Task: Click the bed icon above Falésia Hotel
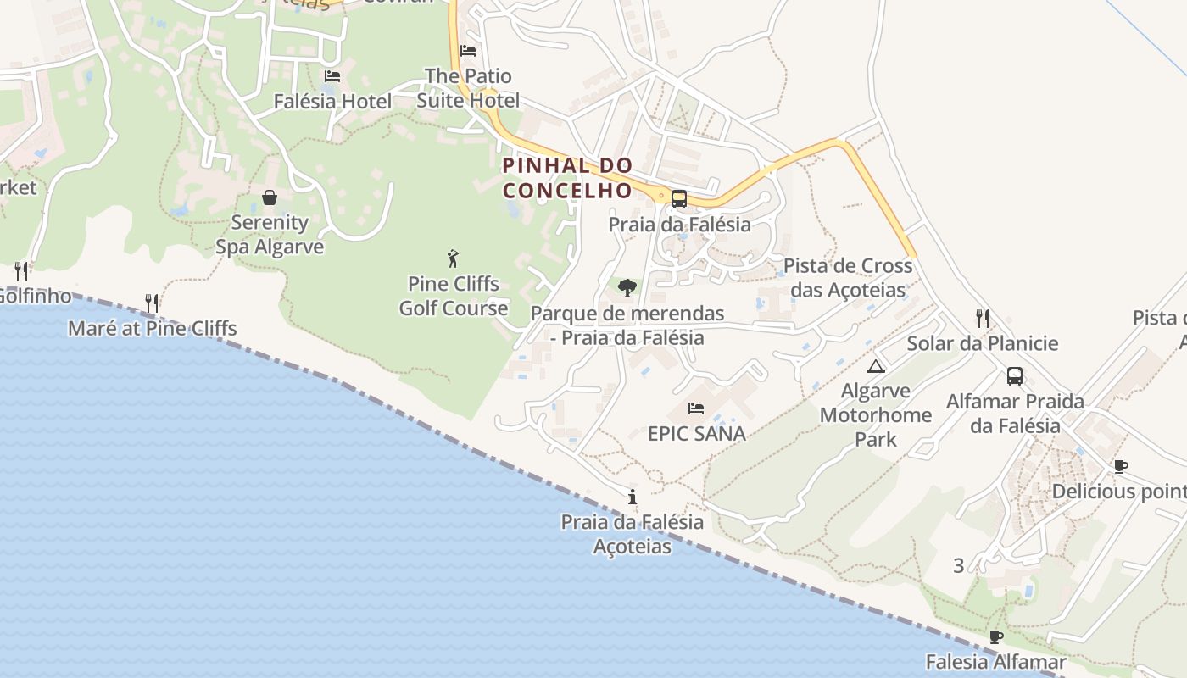coord(332,76)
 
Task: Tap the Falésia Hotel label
coord(332,102)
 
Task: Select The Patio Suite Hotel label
coord(468,88)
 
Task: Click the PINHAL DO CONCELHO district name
coord(568,178)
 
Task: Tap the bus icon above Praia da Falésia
coord(679,199)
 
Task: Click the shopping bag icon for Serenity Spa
coord(270,197)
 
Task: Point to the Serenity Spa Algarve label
coord(270,235)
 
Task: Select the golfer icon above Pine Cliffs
coord(454,258)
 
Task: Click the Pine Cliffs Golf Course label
coord(454,296)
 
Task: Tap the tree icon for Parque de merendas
coord(627,288)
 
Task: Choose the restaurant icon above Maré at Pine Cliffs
coord(152,303)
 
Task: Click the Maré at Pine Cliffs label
coord(153,329)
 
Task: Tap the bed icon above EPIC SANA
coord(696,408)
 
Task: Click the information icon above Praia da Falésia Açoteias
coord(632,497)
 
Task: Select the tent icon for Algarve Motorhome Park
coord(876,366)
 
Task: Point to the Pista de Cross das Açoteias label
coord(848,278)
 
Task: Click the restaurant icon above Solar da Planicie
coord(983,319)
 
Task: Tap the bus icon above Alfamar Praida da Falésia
coord(1015,376)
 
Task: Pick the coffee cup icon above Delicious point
coord(1121,466)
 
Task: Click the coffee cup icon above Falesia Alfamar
coord(996,636)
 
